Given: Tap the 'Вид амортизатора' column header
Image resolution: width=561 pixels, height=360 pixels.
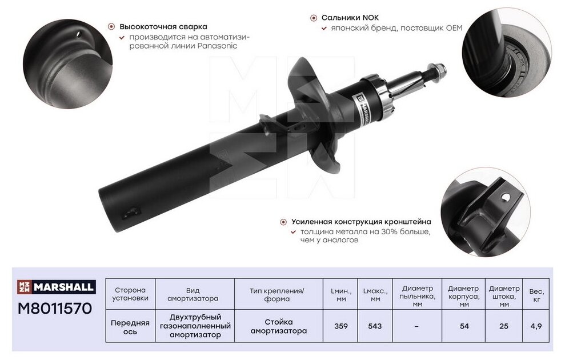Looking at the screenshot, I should (x=194, y=294).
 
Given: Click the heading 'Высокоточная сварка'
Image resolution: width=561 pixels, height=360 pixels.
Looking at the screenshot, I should (x=163, y=26).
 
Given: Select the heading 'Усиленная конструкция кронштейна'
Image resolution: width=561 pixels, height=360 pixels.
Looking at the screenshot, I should (x=361, y=222).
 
